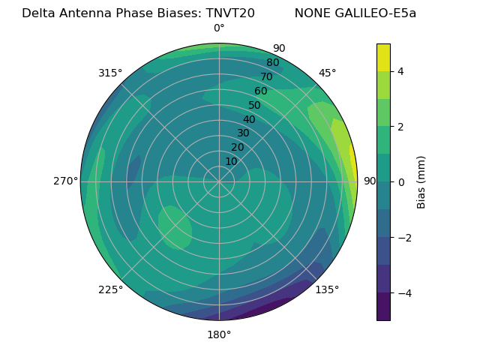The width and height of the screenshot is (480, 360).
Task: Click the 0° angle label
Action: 219,28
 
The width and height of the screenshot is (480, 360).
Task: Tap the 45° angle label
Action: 327,73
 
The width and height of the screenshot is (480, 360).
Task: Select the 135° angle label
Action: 327,290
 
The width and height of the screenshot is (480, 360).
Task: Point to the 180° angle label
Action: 219,334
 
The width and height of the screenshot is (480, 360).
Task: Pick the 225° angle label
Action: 110,290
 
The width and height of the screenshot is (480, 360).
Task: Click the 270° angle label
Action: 66,181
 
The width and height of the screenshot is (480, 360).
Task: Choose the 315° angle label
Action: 110,73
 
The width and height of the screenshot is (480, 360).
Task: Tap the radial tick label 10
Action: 231,161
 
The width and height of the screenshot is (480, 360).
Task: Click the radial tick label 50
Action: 254,105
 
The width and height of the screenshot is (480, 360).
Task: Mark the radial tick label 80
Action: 272,62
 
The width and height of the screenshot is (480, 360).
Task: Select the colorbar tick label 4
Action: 401,71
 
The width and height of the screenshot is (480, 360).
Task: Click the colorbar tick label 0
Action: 401,182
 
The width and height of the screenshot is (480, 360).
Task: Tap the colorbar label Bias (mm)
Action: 421,182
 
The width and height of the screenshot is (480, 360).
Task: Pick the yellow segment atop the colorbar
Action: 383,57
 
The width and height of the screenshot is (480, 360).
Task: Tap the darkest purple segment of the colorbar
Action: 383,307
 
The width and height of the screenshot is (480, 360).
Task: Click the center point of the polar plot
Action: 219,181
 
